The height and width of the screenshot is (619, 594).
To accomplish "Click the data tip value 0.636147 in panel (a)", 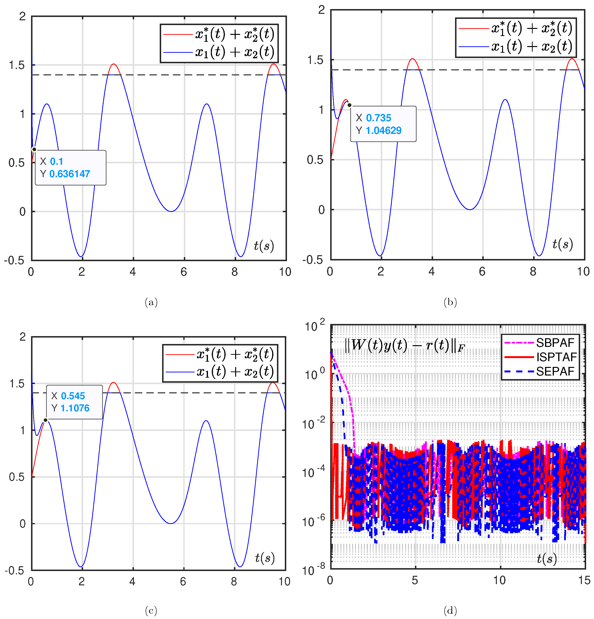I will [70, 174].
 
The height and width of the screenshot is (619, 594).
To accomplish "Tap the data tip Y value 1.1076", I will [75, 408].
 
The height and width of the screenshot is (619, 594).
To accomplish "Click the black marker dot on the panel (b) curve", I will [349, 105].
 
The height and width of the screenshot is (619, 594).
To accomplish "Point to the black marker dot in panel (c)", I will [45, 420].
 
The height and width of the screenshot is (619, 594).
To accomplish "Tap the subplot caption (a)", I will [151, 302].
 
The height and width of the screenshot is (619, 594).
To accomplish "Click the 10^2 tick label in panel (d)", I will [314, 326].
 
